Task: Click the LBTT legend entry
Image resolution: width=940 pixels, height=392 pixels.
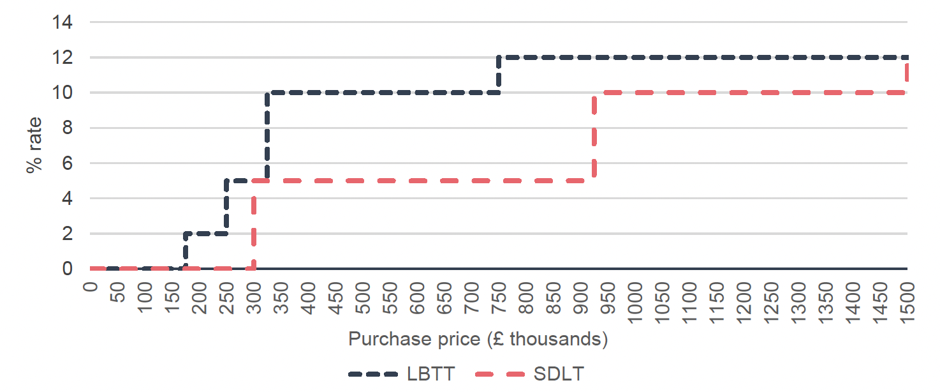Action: coord(402,374)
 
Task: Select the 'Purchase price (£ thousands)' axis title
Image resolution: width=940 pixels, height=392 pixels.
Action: coord(478,339)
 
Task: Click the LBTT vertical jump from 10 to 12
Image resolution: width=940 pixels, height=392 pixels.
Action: coord(498,75)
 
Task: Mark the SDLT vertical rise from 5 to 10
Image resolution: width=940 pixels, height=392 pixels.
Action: coord(594,137)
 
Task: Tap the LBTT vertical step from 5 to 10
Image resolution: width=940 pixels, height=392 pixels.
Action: coord(267,136)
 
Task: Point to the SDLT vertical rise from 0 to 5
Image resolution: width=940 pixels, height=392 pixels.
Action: coord(254,225)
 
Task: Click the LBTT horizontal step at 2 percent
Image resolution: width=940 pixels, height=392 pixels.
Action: coord(205,234)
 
